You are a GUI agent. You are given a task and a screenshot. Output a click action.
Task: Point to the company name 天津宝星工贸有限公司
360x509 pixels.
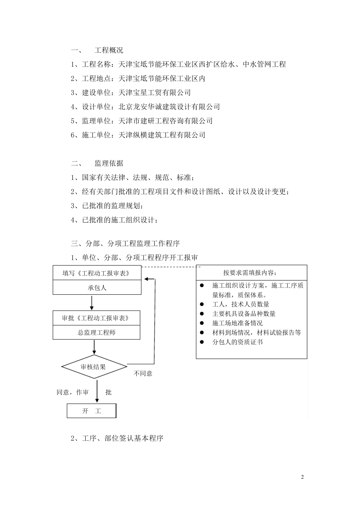click(155, 93)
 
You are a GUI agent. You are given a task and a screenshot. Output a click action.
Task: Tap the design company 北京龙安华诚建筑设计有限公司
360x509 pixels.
click(169, 107)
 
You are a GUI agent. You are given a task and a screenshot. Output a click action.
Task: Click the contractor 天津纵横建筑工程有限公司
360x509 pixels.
click(162, 135)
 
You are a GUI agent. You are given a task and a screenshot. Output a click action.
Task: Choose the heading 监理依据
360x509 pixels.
click(109, 164)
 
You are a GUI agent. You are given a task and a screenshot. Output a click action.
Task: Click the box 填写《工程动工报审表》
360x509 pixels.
click(97, 273)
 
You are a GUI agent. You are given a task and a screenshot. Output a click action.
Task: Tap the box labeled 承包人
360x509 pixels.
click(97, 288)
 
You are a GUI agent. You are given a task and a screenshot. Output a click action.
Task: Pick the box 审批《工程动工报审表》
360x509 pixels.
click(96, 318)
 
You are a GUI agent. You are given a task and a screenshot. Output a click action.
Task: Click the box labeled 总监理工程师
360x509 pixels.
click(96, 333)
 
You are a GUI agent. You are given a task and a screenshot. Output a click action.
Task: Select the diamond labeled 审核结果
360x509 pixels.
click(94, 367)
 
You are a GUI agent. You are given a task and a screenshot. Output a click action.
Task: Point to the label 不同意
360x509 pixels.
click(143, 373)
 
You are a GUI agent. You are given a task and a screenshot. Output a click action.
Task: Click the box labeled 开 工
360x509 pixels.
click(92, 411)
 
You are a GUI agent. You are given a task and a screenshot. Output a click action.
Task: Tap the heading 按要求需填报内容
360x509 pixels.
click(251, 273)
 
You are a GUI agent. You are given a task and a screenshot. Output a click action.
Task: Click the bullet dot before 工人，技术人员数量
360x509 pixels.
click(202, 304)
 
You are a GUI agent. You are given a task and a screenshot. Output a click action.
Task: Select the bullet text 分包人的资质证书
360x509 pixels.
click(238, 342)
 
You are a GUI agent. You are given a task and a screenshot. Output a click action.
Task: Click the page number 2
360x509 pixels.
click(302, 477)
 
